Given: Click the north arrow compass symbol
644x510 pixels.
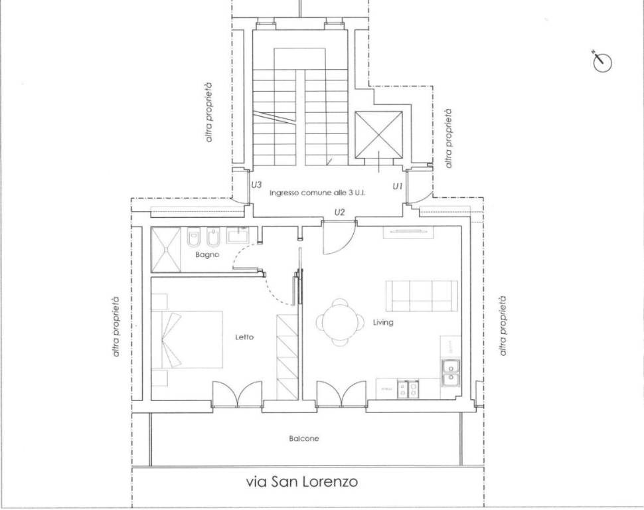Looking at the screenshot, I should (x=602, y=62).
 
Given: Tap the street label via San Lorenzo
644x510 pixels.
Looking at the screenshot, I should (x=302, y=481).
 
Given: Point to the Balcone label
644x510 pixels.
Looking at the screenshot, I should (x=303, y=439).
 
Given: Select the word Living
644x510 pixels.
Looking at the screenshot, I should (x=383, y=323).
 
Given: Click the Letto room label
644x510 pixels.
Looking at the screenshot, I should (x=244, y=337).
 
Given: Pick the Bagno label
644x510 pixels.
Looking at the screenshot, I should (x=207, y=255).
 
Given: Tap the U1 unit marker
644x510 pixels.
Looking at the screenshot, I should (x=398, y=187).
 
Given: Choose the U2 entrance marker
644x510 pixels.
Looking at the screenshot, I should (x=339, y=212).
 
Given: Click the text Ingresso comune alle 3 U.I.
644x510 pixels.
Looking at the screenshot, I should (x=318, y=193).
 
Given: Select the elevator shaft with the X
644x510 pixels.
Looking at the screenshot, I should (x=379, y=135).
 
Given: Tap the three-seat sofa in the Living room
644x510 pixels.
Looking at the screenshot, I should (x=422, y=296).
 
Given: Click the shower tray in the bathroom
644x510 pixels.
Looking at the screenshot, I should (x=166, y=250).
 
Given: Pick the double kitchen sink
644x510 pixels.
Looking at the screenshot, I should (x=449, y=372).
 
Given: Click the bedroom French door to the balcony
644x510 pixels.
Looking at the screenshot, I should (x=237, y=394).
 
